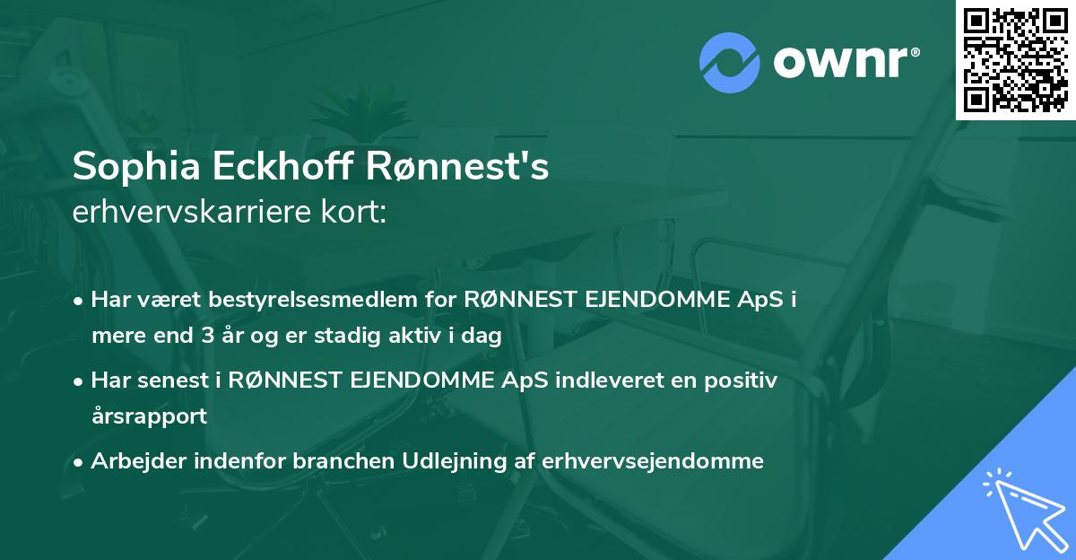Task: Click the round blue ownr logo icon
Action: coord(730,62)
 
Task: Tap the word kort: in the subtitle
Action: coord(358,212)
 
